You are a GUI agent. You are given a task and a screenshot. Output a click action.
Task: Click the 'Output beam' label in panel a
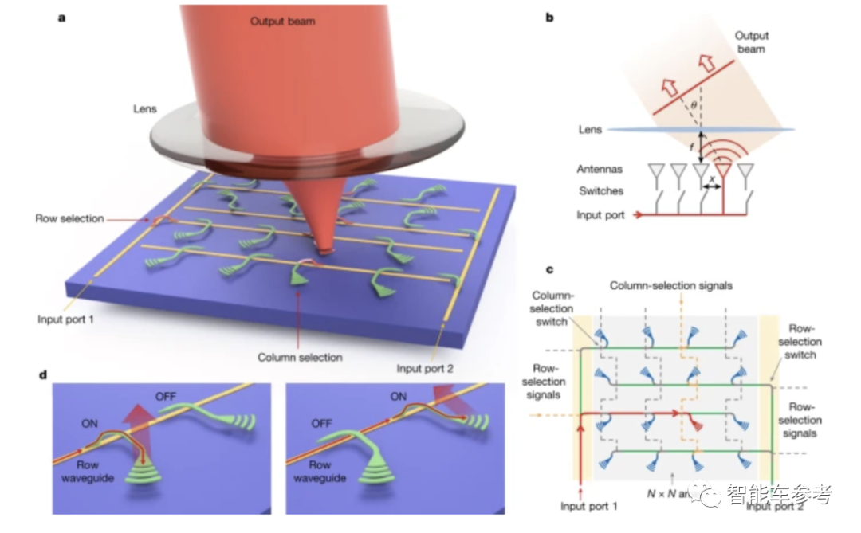click(282, 22)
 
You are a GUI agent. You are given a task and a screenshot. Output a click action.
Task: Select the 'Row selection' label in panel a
click(70, 218)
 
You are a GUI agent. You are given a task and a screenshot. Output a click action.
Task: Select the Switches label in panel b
click(601, 191)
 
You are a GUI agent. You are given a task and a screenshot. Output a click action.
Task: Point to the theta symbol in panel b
click(694, 104)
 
